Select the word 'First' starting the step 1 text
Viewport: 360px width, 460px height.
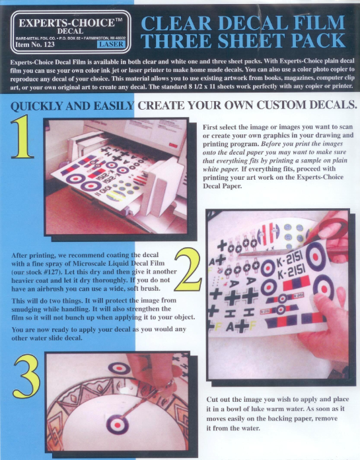[x=215, y=126]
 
